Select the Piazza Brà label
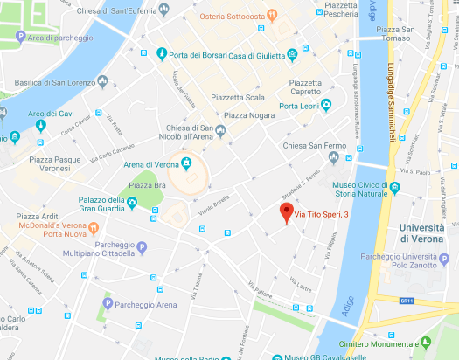pos(148,185)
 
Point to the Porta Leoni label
pos(298,107)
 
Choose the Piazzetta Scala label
pos(244,97)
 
